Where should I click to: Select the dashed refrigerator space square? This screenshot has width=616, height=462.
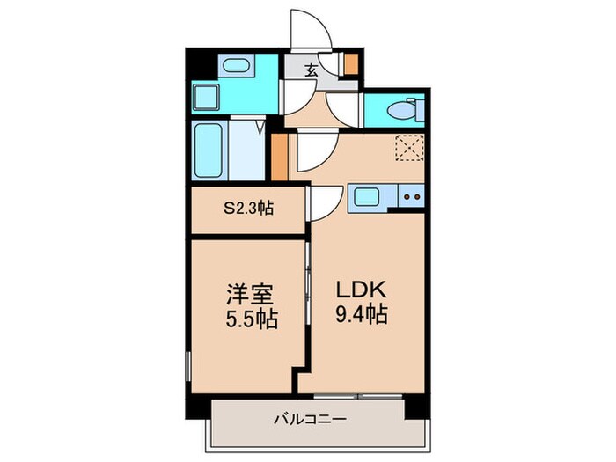point(409,147)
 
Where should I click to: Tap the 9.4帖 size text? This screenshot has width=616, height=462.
point(362,314)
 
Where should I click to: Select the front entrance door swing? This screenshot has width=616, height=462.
point(312,31)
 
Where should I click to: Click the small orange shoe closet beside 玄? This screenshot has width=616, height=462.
point(350,64)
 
